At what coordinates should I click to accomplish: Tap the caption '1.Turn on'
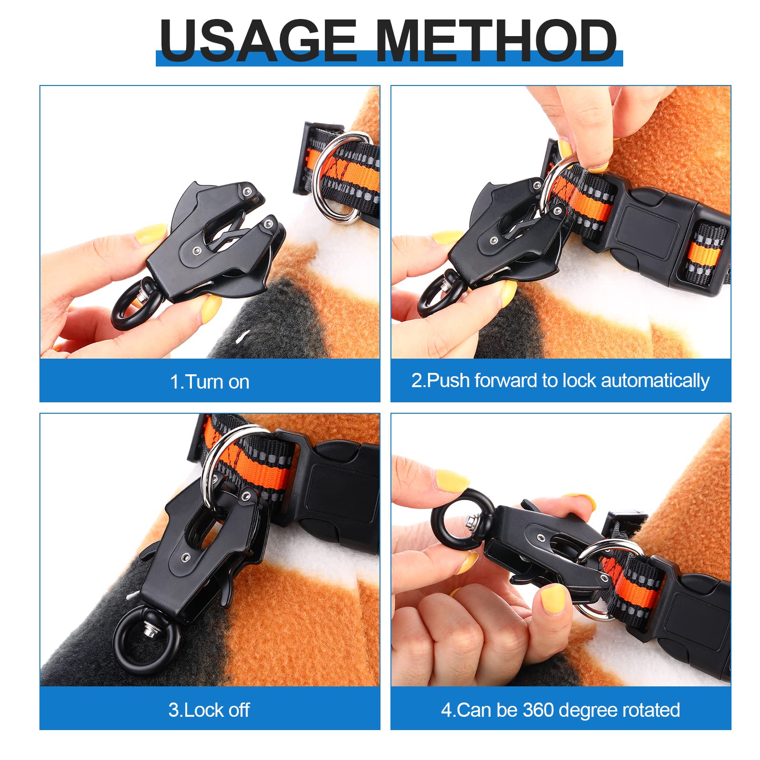pyautogui.click(x=209, y=382)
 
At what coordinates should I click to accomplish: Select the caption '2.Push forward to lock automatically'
pyautogui.click(x=560, y=381)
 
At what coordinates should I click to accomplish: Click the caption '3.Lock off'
pyautogui.click(x=209, y=710)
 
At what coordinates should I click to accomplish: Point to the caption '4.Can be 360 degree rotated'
pyautogui.click(x=560, y=710)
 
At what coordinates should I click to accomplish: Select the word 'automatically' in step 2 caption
pyautogui.click(x=655, y=381)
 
